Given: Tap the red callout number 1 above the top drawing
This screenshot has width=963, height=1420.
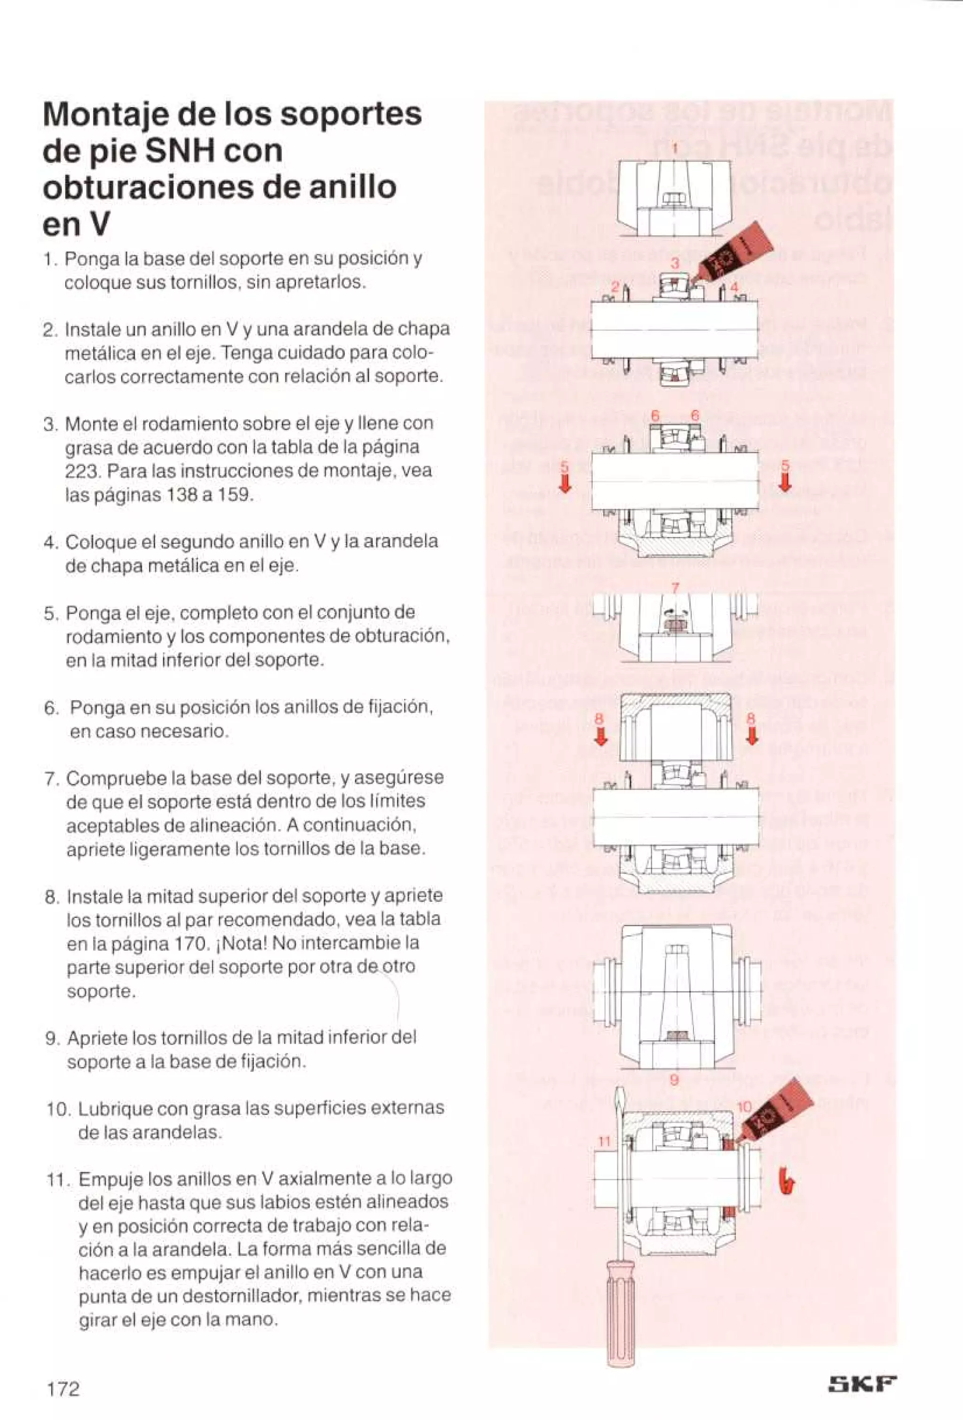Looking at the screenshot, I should pyautogui.click(x=675, y=149).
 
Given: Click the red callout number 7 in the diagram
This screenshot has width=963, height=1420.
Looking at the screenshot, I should pyautogui.click(x=675, y=588).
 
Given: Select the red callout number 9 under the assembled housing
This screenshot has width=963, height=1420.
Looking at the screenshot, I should pyautogui.click(x=674, y=1080).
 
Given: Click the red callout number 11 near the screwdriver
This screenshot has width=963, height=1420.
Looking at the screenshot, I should pyautogui.click(x=604, y=1141).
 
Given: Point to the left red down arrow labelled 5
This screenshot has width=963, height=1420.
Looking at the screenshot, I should pyautogui.click(x=566, y=484).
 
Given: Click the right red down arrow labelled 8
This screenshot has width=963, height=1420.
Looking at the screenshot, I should pyautogui.click(x=752, y=737).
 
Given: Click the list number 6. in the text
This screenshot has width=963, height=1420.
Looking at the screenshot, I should pyautogui.click(x=51, y=708).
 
